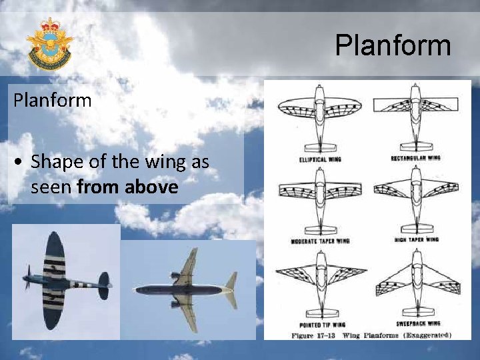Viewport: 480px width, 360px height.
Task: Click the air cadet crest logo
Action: (x=49, y=45)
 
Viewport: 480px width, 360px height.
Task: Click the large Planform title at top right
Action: (x=393, y=46)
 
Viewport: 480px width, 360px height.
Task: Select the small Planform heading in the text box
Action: (x=52, y=101)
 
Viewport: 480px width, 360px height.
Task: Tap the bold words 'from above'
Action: (x=127, y=187)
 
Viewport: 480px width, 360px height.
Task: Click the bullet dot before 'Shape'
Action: (x=22, y=162)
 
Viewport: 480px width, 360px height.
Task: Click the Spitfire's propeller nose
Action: (x=27, y=277)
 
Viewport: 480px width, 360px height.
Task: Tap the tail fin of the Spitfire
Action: (x=103, y=284)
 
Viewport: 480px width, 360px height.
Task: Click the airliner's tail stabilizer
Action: (x=231, y=289)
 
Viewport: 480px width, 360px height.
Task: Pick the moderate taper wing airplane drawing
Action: (x=319, y=198)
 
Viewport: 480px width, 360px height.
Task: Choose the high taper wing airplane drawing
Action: (x=415, y=197)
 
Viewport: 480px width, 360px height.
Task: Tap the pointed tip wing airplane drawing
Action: (x=320, y=279)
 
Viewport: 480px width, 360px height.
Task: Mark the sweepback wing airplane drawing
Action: (x=415, y=279)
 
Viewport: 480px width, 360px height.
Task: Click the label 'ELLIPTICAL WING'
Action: (x=320, y=160)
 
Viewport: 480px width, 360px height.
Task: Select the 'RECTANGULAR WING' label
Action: (x=415, y=158)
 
